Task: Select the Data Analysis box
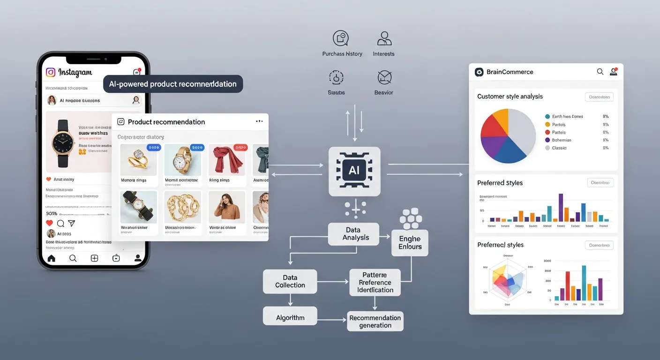(x=353, y=234)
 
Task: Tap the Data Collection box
(x=290, y=281)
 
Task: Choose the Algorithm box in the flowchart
(x=290, y=318)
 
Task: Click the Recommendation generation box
(x=375, y=322)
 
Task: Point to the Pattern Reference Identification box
(x=375, y=283)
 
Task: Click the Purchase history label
(x=342, y=54)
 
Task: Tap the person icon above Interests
(x=384, y=38)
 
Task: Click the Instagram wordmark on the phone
(x=75, y=73)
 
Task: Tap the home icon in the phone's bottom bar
(x=52, y=258)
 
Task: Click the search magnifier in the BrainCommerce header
(x=600, y=72)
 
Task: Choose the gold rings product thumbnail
(x=138, y=160)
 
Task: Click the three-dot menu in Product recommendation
(x=259, y=121)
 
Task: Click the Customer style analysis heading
(x=510, y=97)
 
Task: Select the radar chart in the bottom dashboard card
(x=508, y=280)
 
